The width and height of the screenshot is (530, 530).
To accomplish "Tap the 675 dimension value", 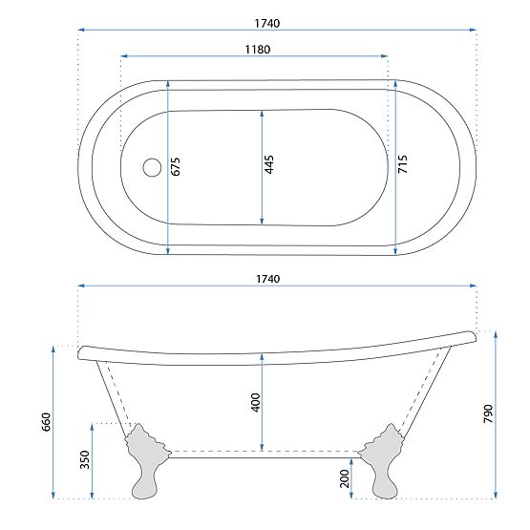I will point(175,165).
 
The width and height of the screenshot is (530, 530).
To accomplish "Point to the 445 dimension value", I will point(269,164).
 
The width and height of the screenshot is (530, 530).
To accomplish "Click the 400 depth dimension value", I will point(254,402).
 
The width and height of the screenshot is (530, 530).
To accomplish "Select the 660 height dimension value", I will point(45,421).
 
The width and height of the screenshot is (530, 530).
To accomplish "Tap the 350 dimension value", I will point(84,459).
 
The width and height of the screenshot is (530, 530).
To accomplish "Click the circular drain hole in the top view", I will point(150,167).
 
